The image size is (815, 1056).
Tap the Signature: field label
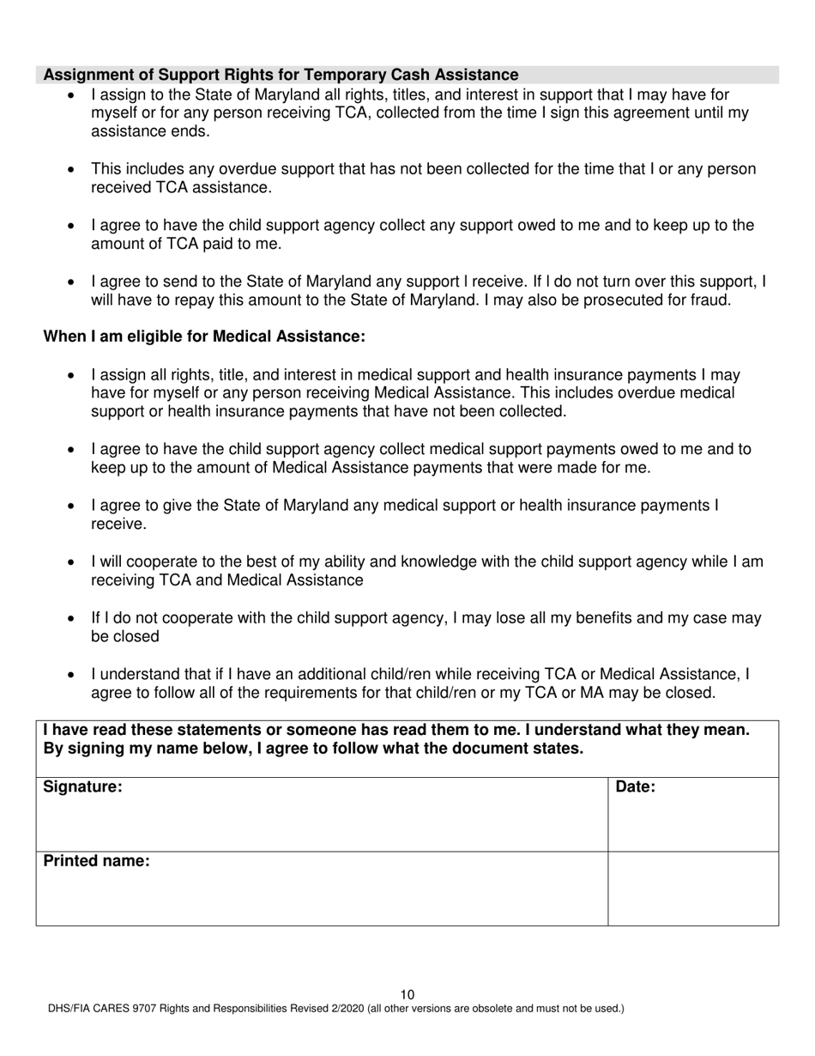[x=82, y=786]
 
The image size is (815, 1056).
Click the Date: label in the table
[x=636, y=786]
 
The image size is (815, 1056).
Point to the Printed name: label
[x=96, y=860]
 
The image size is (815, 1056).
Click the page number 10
[x=407, y=994]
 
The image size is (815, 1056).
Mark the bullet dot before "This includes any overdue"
[x=71, y=170]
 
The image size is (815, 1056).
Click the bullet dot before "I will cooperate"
[x=71, y=563]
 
